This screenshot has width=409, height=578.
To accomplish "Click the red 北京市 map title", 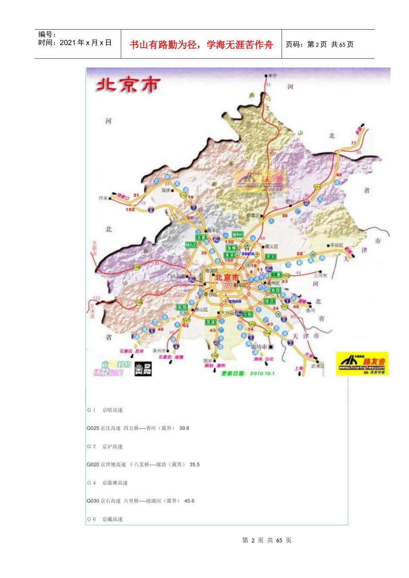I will [x=128, y=85].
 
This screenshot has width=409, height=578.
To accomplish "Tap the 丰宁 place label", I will [x=273, y=76].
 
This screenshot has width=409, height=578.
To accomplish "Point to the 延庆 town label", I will [x=166, y=190].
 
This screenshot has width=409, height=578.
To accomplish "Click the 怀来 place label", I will [x=103, y=198].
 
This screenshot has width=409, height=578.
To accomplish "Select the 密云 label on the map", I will [x=290, y=201].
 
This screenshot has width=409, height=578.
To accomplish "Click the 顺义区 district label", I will [x=272, y=246].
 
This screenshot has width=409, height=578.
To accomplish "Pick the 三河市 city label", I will [x=320, y=275].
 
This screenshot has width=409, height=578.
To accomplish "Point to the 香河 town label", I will [x=310, y=310].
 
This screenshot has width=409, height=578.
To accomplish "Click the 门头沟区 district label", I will [x=176, y=277].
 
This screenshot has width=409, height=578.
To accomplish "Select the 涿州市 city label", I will [x=159, y=350].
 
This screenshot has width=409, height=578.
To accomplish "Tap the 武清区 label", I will [x=317, y=366].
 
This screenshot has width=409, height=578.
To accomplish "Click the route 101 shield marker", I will [x=317, y=187].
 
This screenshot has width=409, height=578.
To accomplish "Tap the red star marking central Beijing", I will [x=228, y=285].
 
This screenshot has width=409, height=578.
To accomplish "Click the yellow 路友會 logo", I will [x=362, y=364].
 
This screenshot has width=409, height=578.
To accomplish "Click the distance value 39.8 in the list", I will [x=184, y=428].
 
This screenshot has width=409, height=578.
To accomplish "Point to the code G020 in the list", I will [x=93, y=464].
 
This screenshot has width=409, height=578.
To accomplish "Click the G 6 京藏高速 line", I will [x=105, y=519].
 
